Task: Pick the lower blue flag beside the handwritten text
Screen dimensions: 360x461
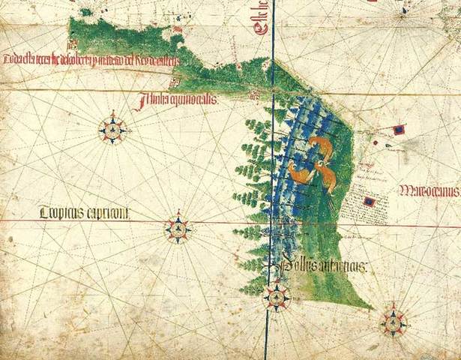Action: coord(369,201)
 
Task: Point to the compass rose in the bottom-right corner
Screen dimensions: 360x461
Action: coord(392,322)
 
